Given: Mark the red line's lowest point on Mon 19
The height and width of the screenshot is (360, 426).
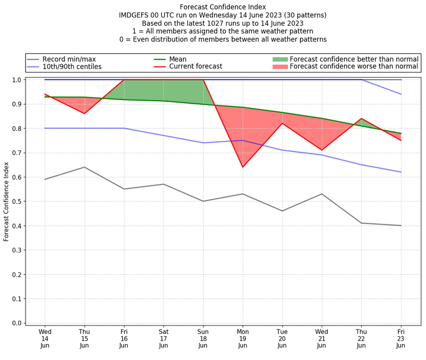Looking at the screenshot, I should coord(243,167).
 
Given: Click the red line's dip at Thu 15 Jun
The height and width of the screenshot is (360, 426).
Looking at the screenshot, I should coord(84,113).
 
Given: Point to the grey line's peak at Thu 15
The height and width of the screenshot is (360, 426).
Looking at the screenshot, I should coord(84,167).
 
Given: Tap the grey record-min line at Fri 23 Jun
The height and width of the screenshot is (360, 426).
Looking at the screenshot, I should coord(401,226).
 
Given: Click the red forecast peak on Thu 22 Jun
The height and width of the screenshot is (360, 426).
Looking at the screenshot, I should coord(362,119).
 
